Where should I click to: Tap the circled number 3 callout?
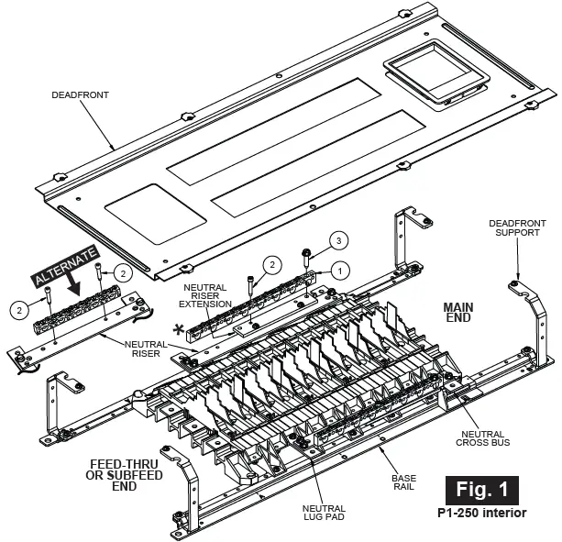[x=338, y=240]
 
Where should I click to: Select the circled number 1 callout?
[x=338, y=271]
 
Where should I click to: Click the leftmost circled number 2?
[x=19, y=309]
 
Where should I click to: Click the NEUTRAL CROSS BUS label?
[x=483, y=437]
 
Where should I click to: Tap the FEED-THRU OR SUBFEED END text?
[x=126, y=474]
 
